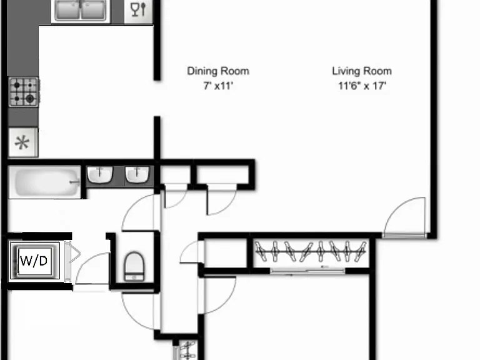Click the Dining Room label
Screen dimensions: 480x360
(x=218, y=71)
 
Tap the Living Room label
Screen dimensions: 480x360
(x=362, y=71)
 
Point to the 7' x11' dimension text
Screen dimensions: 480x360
(x=218, y=86)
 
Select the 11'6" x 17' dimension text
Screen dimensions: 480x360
(x=362, y=86)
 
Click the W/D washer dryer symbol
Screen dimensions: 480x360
(x=34, y=261)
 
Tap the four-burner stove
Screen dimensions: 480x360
(x=24, y=92)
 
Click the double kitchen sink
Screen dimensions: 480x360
(x=81, y=10)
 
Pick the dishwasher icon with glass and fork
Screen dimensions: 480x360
(x=138, y=11)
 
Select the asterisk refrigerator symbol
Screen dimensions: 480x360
(x=23, y=142)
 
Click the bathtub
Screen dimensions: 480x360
(x=45, y=182)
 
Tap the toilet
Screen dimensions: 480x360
(x=134, y=266)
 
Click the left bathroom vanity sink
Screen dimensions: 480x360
(x=100, y=174)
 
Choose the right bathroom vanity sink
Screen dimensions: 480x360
(x=137, y=174)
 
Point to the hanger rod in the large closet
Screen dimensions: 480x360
(x=311, y=252)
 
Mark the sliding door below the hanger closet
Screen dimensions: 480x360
(x=307, y=271)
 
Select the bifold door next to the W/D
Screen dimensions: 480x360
(x=72, y=261)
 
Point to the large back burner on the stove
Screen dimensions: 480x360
(x=30, y=99)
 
